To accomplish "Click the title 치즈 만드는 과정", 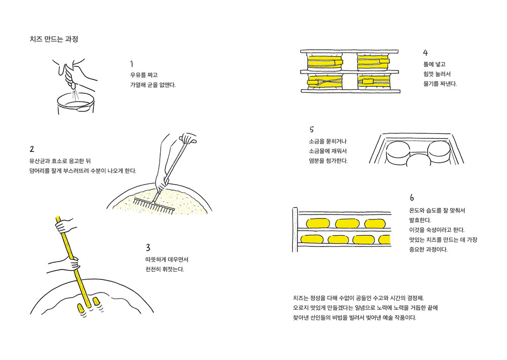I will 54,39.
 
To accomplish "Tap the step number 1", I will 132,64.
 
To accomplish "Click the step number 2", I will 32,149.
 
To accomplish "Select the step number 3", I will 148,247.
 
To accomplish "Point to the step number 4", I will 425,52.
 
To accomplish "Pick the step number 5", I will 311,129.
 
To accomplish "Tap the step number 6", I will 412,197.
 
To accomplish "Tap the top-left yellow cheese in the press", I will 325,63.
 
